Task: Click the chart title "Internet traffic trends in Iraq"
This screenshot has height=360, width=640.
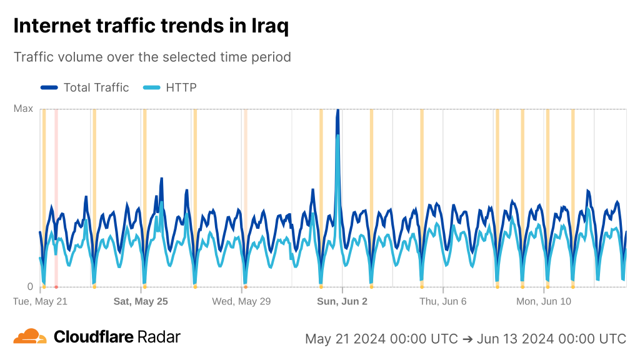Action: [151, 26]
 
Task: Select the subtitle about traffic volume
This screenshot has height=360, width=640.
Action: [152, 57]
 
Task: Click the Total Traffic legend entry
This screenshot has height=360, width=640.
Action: [96, 87]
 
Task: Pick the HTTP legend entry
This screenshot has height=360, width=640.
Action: [181, 87]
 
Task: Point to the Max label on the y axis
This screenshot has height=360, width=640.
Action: [23, 109]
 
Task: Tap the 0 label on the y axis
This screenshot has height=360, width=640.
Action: [29, 287]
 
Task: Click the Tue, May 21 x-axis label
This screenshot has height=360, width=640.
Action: [40, 301]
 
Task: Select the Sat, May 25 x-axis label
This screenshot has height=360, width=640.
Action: [141, 301]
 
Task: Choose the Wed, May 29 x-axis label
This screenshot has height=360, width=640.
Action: [241, 301]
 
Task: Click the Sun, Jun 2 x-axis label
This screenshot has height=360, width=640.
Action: [342, 301]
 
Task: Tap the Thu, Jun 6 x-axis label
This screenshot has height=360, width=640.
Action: [442, 301]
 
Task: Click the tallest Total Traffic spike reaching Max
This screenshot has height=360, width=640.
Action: [338, 112]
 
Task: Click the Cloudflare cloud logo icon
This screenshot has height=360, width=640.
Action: [30, 337]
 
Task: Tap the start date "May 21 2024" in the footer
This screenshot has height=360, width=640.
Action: [345, 339]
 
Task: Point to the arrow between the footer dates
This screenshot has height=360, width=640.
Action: [467, 339]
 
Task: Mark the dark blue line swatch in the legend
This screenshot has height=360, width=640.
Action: [49, 87]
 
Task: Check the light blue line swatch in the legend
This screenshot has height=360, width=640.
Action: [152, 87]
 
